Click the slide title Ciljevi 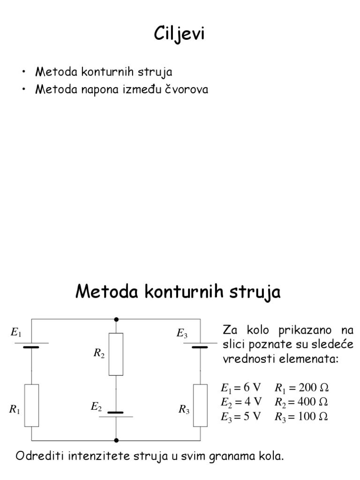point(180,34)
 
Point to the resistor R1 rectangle point(32,405)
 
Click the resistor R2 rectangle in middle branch point(116,354)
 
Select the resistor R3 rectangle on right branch point(200,405)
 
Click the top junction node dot point(116,319)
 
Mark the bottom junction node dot point(116,440)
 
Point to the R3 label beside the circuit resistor point(184,410)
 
